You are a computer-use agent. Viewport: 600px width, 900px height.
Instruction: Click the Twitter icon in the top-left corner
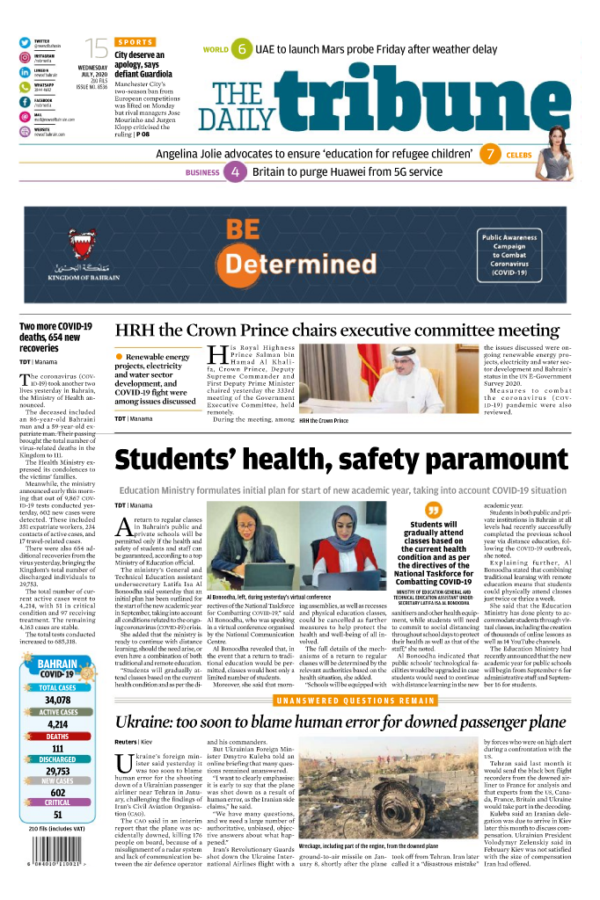pyautogui.click(x=25, y=43)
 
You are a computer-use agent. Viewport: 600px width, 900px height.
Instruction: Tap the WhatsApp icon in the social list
pyautogui.click(x=25, y=87)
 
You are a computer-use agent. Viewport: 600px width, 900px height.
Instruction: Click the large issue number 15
pyautogui.click(x=96, y=49)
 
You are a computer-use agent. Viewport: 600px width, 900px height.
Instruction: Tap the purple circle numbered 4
pyautogui.click(x=236, y=172)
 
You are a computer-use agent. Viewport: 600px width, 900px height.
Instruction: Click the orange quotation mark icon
pyautogui.click(x=432, y=510)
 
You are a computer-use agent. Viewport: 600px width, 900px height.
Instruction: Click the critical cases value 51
pyautogui.click(x=58, y=815)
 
